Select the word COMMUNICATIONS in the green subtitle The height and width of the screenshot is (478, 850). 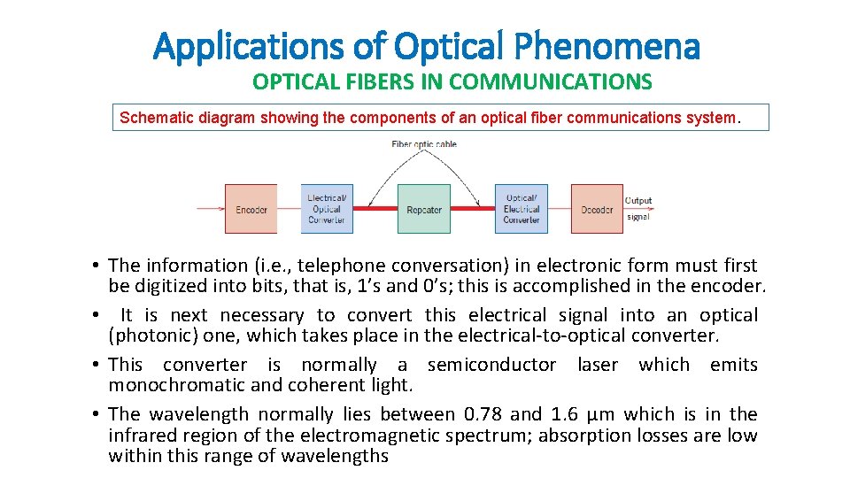(550, 82)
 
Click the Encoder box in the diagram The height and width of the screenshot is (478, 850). (251, 209)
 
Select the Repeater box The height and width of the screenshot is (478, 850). (423, 209)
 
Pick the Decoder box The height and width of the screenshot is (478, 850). (596, 209)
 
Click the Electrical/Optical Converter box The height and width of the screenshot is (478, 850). (327, 209)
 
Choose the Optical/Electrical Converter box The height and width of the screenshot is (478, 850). (521, 209)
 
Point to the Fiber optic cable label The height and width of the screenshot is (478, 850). (424, 144)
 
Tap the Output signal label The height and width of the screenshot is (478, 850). (638, 208)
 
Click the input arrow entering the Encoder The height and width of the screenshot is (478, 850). (210, 209)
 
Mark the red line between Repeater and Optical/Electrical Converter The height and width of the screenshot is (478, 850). (472, 209)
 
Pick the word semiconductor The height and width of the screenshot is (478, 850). (491, 365)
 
